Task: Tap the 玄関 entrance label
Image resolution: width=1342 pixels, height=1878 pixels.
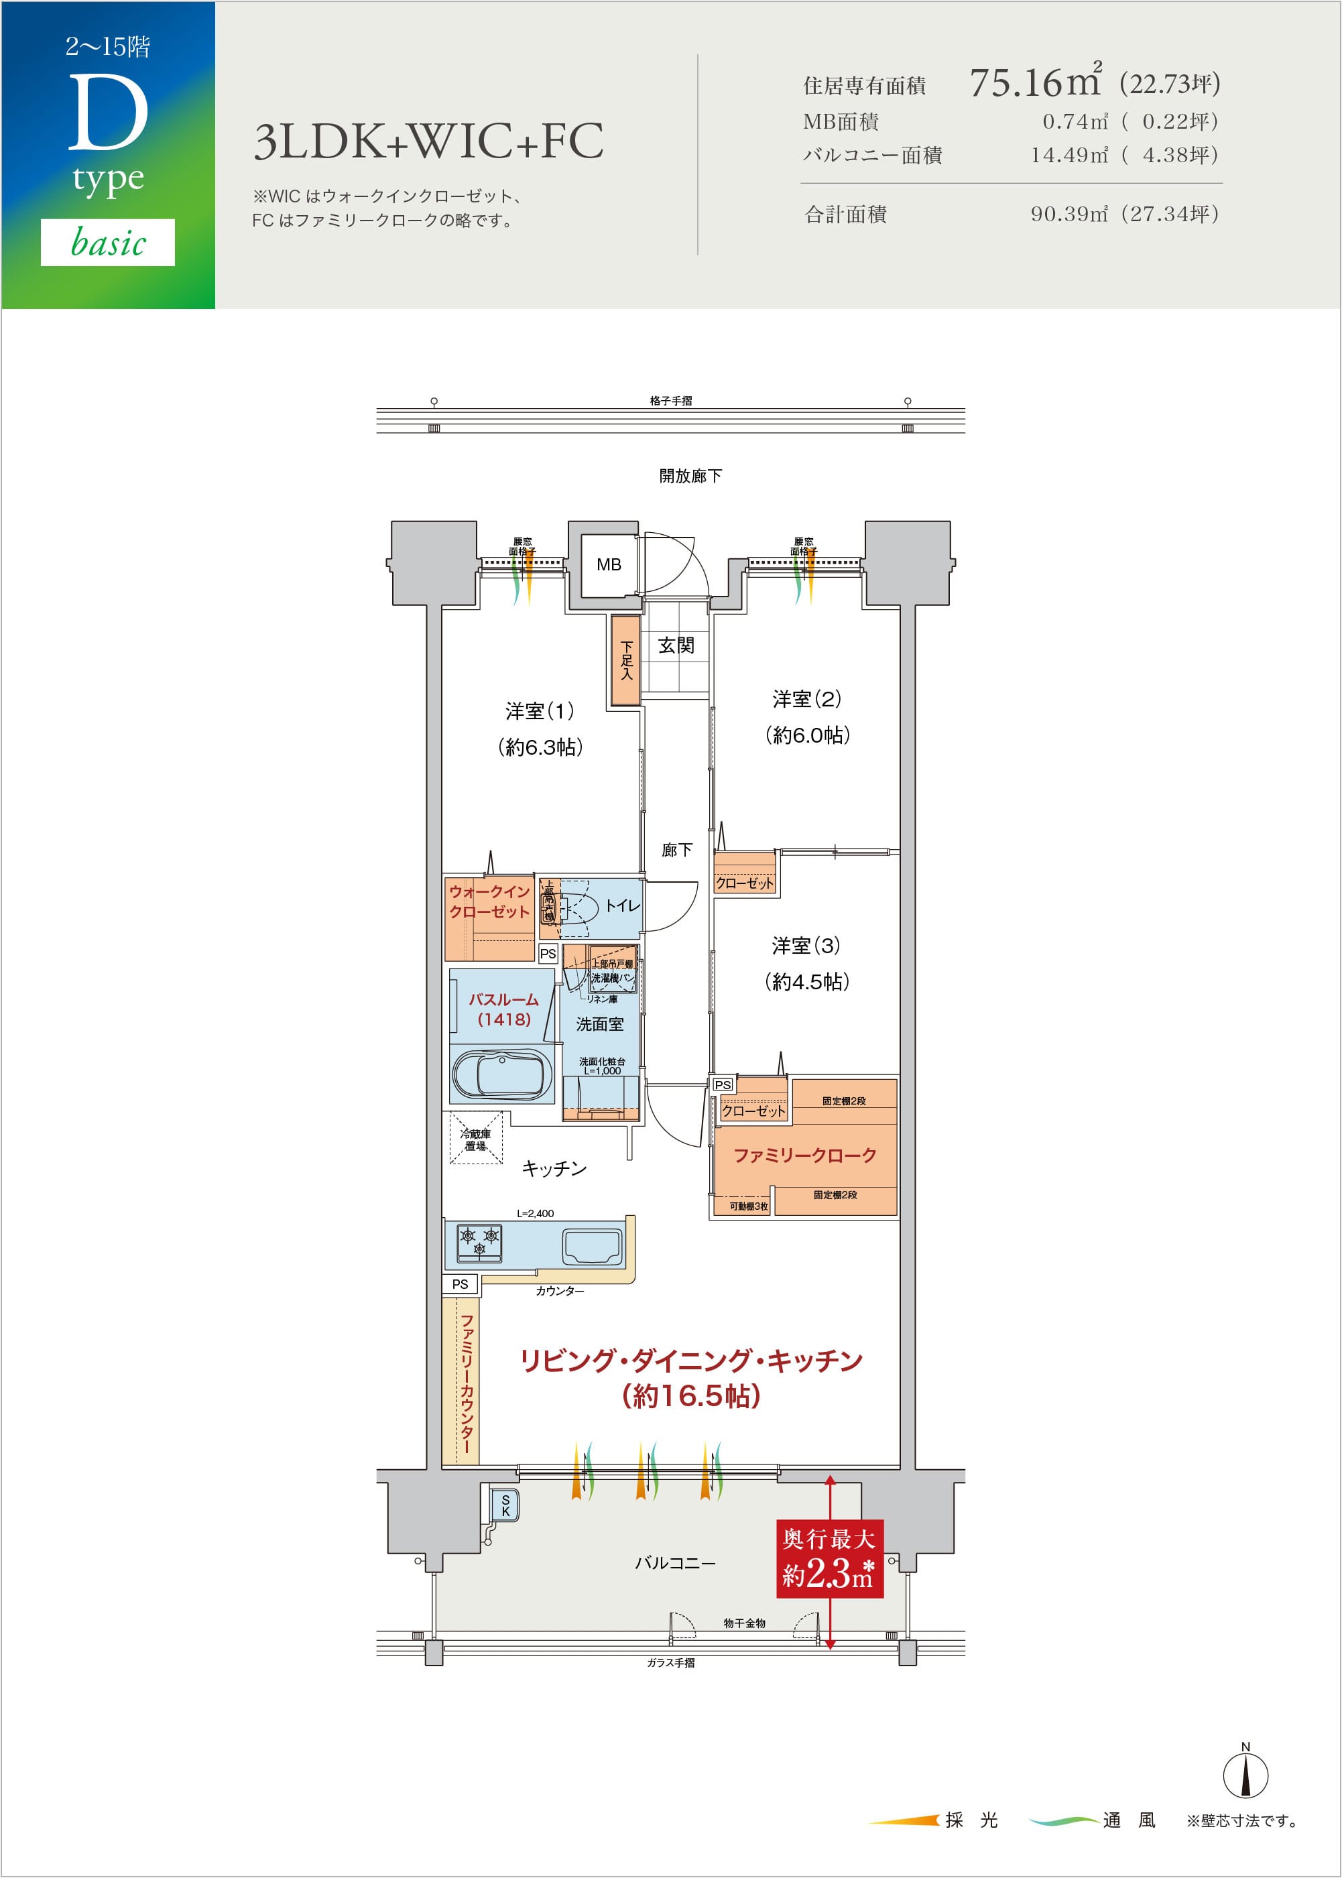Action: point(676,645)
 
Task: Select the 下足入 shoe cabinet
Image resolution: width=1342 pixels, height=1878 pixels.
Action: point(625,660)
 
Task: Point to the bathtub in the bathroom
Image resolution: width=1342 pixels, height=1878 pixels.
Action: point(501,1075)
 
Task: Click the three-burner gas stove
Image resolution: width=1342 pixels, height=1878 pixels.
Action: point(479,1242)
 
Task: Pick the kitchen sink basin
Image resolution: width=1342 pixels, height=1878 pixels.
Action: point(592,1246)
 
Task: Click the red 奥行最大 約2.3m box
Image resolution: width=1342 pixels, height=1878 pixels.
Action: point(829,1558)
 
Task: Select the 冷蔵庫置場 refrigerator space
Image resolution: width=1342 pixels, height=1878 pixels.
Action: point(475,1139)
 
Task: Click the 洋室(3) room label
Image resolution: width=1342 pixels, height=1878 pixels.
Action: point(806,945)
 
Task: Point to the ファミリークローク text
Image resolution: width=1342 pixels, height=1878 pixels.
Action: point(804,1155)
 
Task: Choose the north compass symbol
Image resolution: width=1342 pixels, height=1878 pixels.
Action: point(1245,1774)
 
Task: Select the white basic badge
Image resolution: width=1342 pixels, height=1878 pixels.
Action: point(107,242)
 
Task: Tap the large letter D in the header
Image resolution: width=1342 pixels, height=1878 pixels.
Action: point(107,113)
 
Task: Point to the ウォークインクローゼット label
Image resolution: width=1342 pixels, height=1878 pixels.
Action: point(489,901)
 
